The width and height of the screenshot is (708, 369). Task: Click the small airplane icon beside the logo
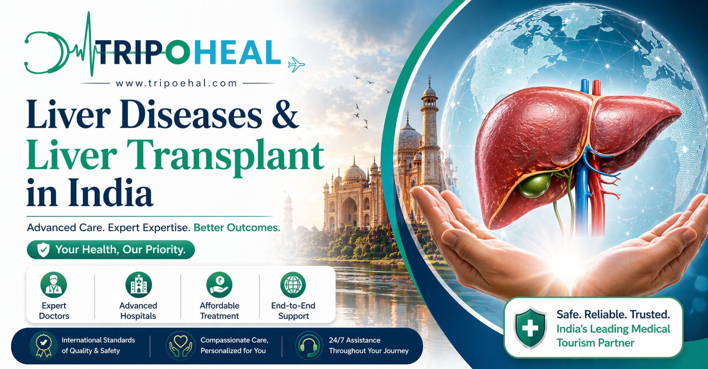click(296, 64)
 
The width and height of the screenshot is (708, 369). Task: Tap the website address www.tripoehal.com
click(176, 83)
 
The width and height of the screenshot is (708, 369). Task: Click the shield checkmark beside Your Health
click(43, 250)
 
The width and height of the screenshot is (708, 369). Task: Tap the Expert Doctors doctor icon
click(53, 285)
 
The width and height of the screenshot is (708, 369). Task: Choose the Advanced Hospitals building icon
click(138, 285)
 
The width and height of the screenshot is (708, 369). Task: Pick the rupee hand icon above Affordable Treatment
click(219, 285)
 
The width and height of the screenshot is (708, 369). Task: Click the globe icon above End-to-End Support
click(293, 285)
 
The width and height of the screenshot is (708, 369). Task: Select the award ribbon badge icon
click(43, 345)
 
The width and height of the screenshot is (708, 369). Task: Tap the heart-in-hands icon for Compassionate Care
click(181, 345)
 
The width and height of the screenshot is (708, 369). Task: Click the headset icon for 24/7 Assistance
click(309, 345)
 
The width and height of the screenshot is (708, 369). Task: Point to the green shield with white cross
click(530, 327)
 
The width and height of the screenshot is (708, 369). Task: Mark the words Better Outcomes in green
click(237, 228)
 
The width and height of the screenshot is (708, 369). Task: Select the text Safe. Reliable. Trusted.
click(613, 314)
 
